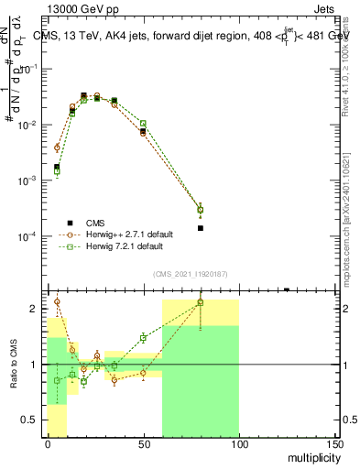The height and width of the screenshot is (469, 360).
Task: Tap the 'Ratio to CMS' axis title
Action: coord(15,364)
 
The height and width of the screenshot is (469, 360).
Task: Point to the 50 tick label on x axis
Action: coord(143,444)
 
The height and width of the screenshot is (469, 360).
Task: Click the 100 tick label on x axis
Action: coord(238,444)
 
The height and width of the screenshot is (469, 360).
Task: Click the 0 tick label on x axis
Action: coord(48,444)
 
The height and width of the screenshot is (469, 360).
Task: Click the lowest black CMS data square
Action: coord(201,228)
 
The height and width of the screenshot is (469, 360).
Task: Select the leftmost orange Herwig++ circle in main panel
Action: coord(57,147)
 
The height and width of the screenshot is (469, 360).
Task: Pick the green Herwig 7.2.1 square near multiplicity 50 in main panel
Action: coord(143,123)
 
